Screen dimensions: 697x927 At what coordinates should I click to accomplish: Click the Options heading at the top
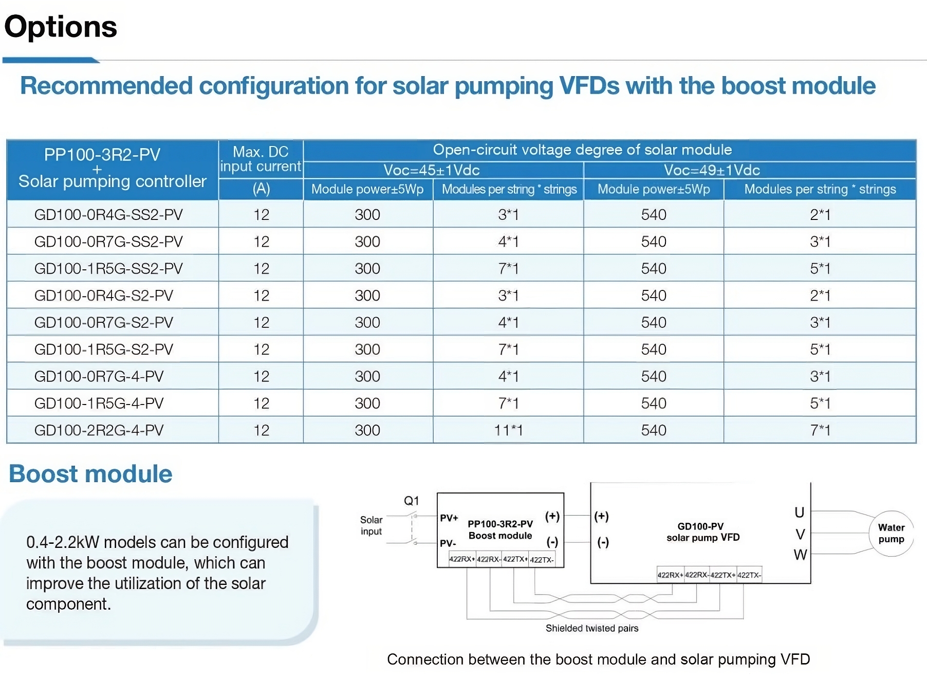pos(61,27)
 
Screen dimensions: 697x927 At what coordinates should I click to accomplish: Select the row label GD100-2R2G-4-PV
pos(99,430)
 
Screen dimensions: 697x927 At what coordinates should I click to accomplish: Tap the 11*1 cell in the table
pos(508,430)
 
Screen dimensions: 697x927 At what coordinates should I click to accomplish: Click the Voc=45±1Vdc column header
pos(432,170)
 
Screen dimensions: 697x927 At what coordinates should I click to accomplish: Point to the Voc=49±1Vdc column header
pos(712,170)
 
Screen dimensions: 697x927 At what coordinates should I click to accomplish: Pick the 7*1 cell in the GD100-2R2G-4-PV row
pos(820,430)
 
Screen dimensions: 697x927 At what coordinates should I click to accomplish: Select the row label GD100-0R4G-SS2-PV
pos(108,214)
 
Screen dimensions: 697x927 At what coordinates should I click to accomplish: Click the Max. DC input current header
pos(261,159)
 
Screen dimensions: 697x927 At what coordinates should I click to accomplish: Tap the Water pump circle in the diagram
pos(891,534)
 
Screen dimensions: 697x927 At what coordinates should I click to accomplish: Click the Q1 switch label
pos(412,501)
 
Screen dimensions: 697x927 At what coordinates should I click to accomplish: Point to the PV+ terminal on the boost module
pos(449,518)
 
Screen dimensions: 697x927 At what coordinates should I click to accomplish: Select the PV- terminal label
pos(448,543)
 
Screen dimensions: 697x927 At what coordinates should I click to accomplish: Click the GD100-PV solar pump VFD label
pos(702,532)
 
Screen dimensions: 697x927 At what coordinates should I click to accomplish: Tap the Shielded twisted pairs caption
pos(592,628)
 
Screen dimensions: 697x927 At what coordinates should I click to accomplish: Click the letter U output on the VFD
pos(799,512)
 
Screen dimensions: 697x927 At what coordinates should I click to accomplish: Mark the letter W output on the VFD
pos(800,555)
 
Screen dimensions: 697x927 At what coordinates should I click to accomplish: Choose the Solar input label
pos(371,525)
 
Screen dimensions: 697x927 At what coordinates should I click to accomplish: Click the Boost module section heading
pos(90,474)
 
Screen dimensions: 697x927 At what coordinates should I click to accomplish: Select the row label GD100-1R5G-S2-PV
pos(103,350)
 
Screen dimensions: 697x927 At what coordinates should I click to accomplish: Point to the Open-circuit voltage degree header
pos(582,150)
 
